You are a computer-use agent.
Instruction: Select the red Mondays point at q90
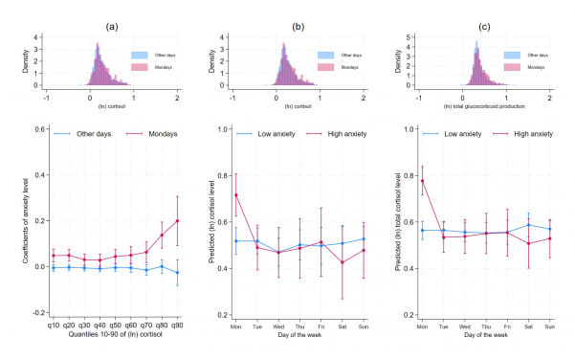pyautogui.click(x=177, y=221)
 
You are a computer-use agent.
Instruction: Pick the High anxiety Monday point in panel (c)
pyautogui.click(x=423, y=181)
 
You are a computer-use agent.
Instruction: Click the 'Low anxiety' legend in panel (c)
pyautogui.click(x=467, y=133)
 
